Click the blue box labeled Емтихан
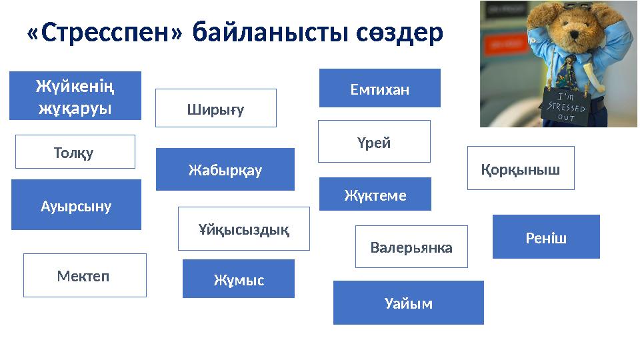point(379,88)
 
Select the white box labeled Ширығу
point(215,108)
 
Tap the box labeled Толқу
point(75,152)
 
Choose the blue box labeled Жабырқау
point(225,169)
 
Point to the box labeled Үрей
point(373,141)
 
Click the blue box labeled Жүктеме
point(375,194)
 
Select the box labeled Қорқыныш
point(520,168)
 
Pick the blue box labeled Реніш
point(545,237)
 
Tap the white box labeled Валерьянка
point(411,247)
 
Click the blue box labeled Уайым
point(408,303)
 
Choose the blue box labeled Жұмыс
point(238,279)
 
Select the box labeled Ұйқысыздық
point(243,229)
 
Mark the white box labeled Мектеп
point(85,275)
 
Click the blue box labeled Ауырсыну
point(76,205)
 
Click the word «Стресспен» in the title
point(104,33)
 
